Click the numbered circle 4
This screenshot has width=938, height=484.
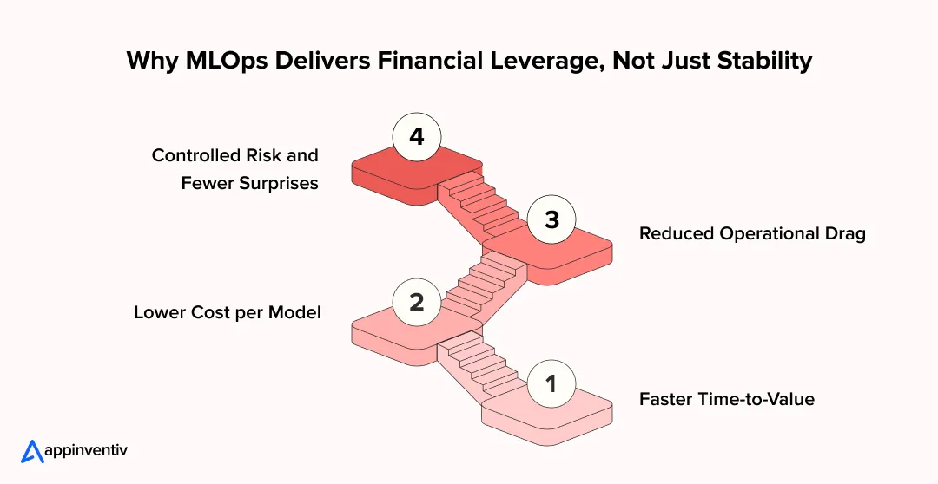tap(417, 137)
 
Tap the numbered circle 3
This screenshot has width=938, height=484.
tap(552, 220)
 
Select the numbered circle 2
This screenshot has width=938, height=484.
tap(417, 302)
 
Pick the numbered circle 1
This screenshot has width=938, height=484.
tap(552, 383)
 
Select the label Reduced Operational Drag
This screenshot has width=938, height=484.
tap(752, 234)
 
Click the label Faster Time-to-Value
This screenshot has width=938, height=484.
tap(727, 399)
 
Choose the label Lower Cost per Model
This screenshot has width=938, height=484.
tap(228, 312)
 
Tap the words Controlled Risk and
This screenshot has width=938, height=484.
tap(235, 155)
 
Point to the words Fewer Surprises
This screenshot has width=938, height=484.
tap(250, 183)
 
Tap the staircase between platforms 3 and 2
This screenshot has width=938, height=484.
tap(486, 282)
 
